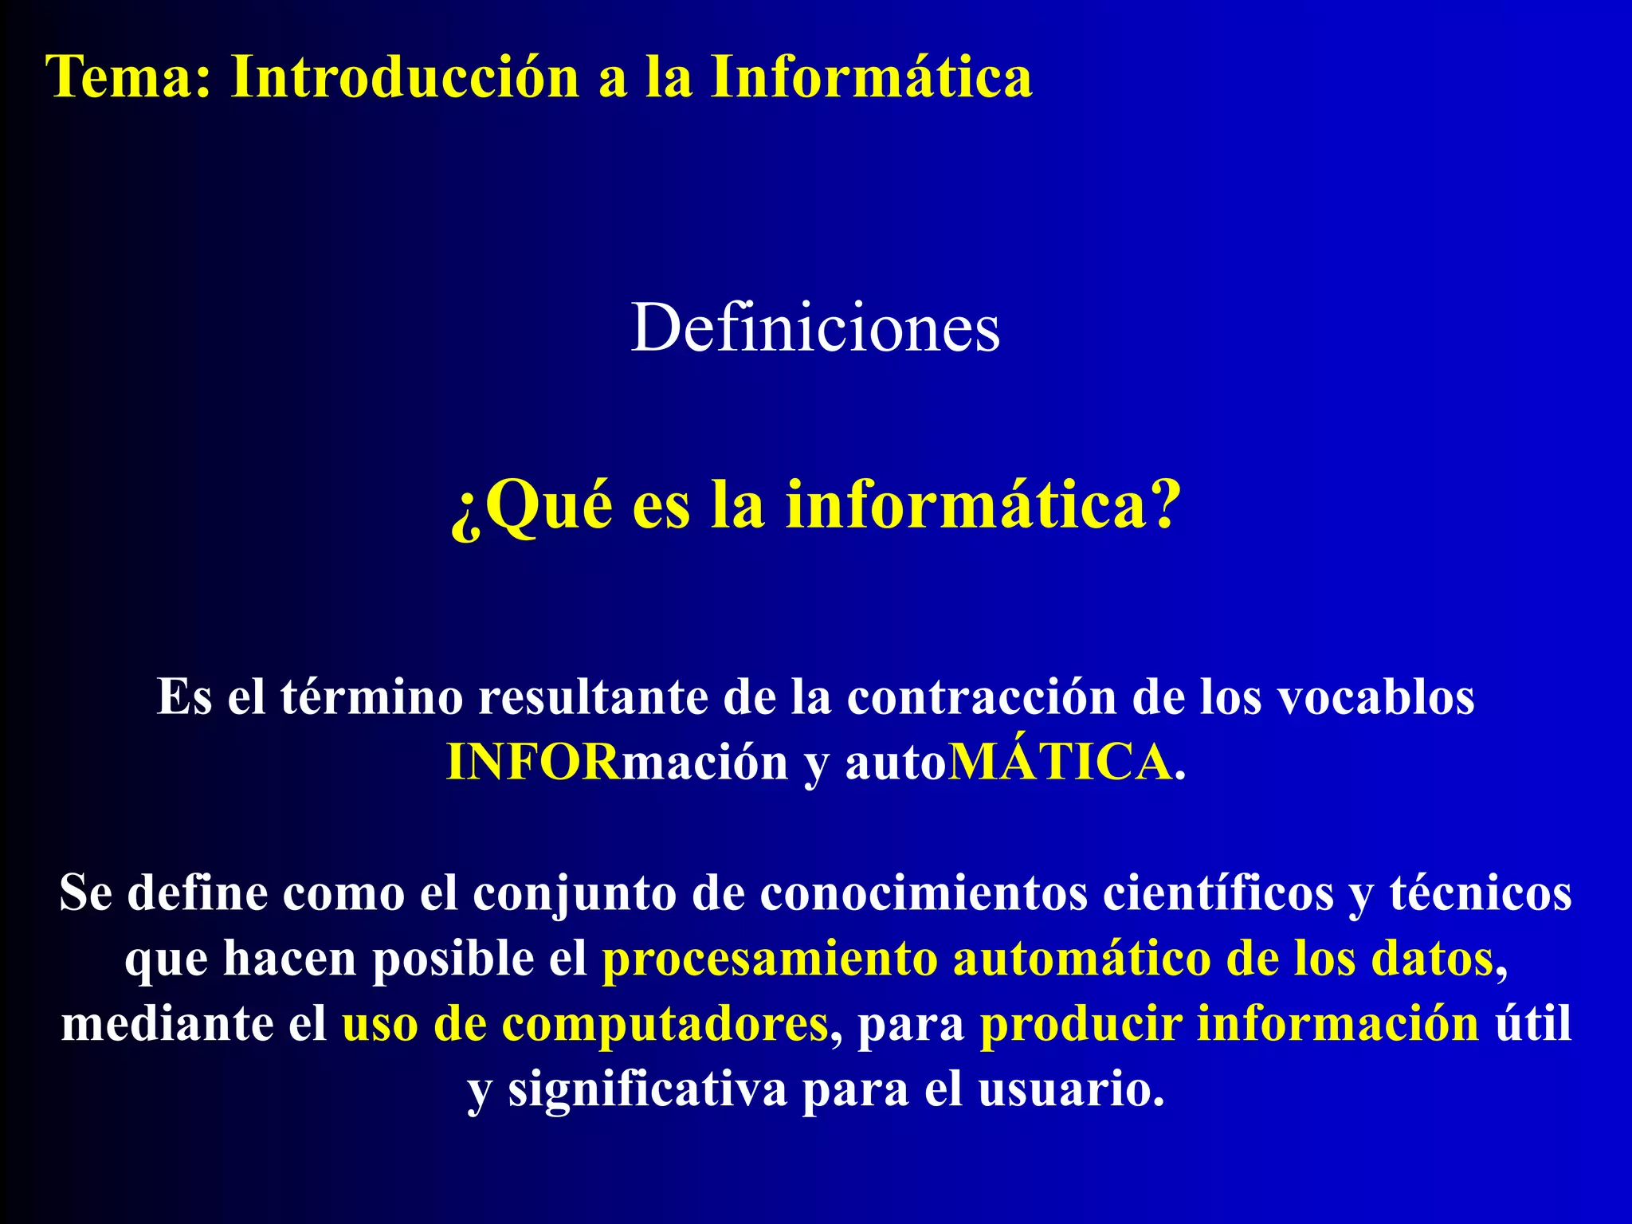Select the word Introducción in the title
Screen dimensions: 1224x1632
click(405, 77)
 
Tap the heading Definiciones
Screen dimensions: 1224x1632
click(815, 328)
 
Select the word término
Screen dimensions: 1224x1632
click(371, 697)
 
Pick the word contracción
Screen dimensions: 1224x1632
click(981, 697)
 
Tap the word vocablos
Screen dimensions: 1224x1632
click(1376, 697)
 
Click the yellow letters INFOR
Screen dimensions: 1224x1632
click(532, 763)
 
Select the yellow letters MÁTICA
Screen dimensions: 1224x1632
click(1061, 763)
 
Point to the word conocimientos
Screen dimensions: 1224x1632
click(924, 892)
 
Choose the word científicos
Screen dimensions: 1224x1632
click(1218, 892)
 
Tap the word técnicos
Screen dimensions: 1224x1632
click(1481, 892)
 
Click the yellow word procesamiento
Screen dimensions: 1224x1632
click(769, 959)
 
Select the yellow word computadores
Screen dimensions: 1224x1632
click(665, 1024)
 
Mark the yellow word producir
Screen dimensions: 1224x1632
click(1081, 1024)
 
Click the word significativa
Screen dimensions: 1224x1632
click(647, 1089)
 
